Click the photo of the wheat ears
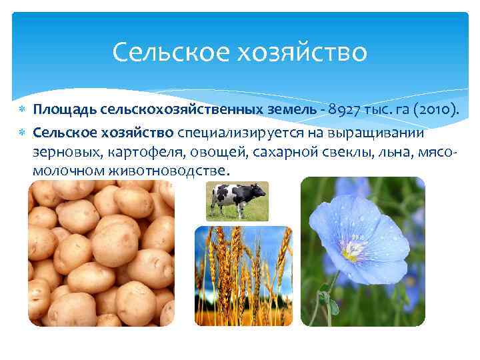coord(243,275)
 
